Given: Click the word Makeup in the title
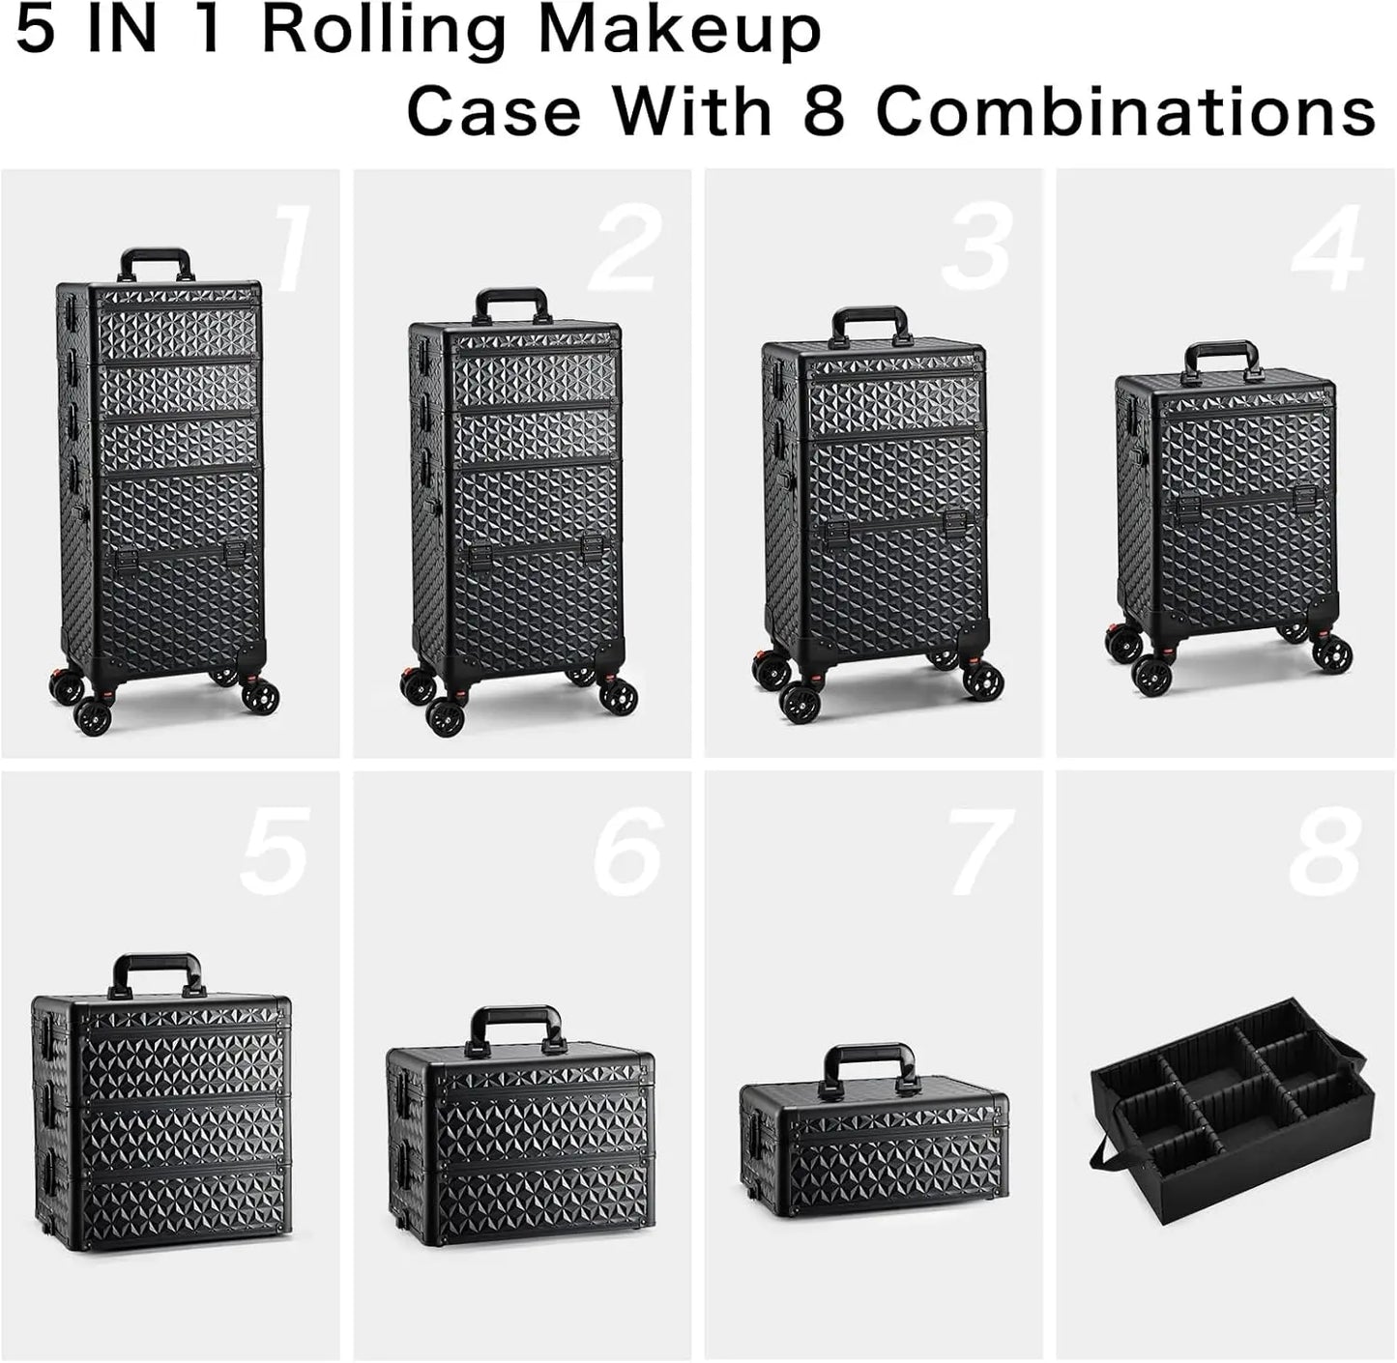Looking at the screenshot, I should (x=679, y=31).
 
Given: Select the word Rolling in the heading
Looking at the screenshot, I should (x=383, y=33).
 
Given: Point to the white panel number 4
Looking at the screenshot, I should (x=1327, y=248).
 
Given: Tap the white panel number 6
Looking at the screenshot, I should (x=628, y=852).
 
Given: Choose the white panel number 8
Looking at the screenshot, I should (x=1324, y=852).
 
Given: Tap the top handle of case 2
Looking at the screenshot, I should (x=511, y=303).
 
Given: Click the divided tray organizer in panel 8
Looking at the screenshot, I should (x=1233, y=1112).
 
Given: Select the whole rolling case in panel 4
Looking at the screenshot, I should (x=1226, y=512).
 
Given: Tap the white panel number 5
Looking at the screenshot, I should (x=275, y=852).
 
